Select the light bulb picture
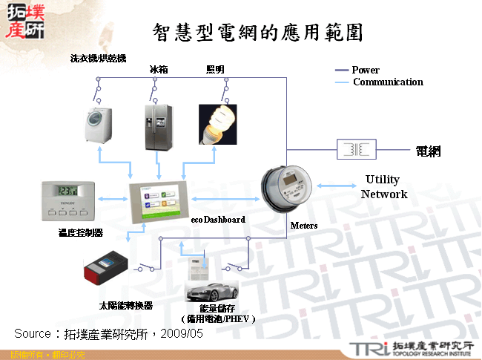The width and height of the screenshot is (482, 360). [217, 123]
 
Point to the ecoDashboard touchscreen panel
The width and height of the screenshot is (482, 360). [159, 201]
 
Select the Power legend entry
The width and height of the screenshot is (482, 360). [366, 71]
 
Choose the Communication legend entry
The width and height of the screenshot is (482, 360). [387, 82]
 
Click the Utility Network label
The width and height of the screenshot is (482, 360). [383, 187]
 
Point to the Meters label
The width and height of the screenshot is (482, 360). [304, 226]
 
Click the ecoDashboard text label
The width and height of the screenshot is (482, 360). [218, 220]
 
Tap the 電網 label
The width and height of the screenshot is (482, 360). [428, 151]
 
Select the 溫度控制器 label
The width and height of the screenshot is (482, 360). [79, 233]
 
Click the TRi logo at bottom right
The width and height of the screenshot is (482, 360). [367, 348]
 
